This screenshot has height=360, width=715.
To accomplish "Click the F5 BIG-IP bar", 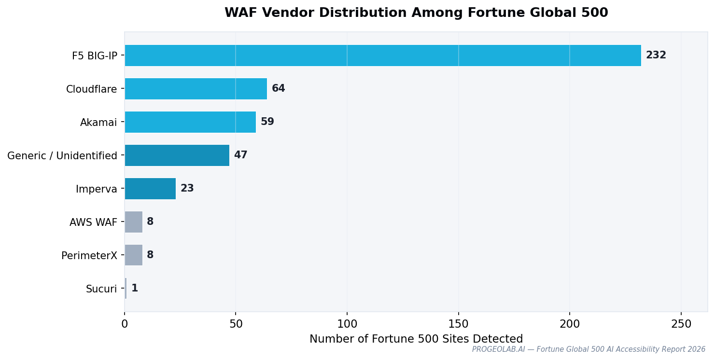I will pos(383,55).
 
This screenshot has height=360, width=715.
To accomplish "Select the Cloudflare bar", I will pos(196,89).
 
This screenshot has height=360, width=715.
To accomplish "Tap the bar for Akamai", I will pos(190,122).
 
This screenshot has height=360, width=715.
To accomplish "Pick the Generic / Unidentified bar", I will pos(177,155).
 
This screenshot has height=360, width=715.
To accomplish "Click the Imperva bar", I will pos(150,189).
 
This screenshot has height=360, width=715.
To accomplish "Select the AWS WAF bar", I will pos(134,222).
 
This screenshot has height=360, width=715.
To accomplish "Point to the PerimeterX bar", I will pos(134,255).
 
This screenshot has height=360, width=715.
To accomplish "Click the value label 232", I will pos(656,55).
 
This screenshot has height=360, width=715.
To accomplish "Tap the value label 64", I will pos(278,89).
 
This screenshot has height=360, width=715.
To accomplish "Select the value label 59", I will pos(267,122).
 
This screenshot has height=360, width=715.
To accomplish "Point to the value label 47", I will pos(240,155).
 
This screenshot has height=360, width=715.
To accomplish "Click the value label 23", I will pos(187,189).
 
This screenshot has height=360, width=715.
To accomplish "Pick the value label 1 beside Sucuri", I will pos(135,289).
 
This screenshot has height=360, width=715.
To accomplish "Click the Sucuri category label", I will pos(101,289).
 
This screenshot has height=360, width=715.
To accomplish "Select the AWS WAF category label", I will pos(93,222).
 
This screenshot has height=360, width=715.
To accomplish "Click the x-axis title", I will pos(416,339).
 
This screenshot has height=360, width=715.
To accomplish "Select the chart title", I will pos(416,13).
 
